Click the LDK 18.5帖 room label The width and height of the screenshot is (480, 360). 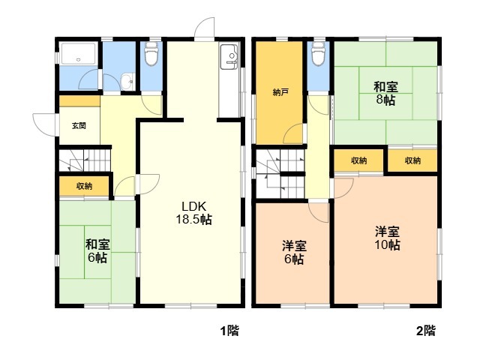click(193, 213)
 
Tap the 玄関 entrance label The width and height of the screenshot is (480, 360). click(79, 125)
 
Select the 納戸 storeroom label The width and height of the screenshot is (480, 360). click(280, 92)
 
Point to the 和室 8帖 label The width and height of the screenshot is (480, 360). click(385, 93)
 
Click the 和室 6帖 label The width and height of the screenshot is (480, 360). click(97, 251)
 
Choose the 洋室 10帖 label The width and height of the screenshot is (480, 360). click(387, 238)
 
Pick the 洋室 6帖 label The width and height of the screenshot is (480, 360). click(294, 253)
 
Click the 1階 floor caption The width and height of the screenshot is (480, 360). click(230, 331)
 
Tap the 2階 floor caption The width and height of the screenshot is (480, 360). click(426, 331)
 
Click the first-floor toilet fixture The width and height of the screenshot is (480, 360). click(151, 53)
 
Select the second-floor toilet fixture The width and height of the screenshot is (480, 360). click(318, 53)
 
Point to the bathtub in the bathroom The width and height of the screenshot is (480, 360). click(79, 54)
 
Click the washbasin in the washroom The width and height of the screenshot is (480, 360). click(127, 82)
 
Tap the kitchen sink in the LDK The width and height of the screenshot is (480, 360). click(229, 57)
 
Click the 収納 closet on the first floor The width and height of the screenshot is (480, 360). click(84, 186)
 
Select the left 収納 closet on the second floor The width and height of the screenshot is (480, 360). click(358, 160)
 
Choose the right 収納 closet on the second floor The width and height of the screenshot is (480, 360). click(412, 160)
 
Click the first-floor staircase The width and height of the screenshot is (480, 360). click(85, 160)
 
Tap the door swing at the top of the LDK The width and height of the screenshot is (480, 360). click(205, 29)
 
